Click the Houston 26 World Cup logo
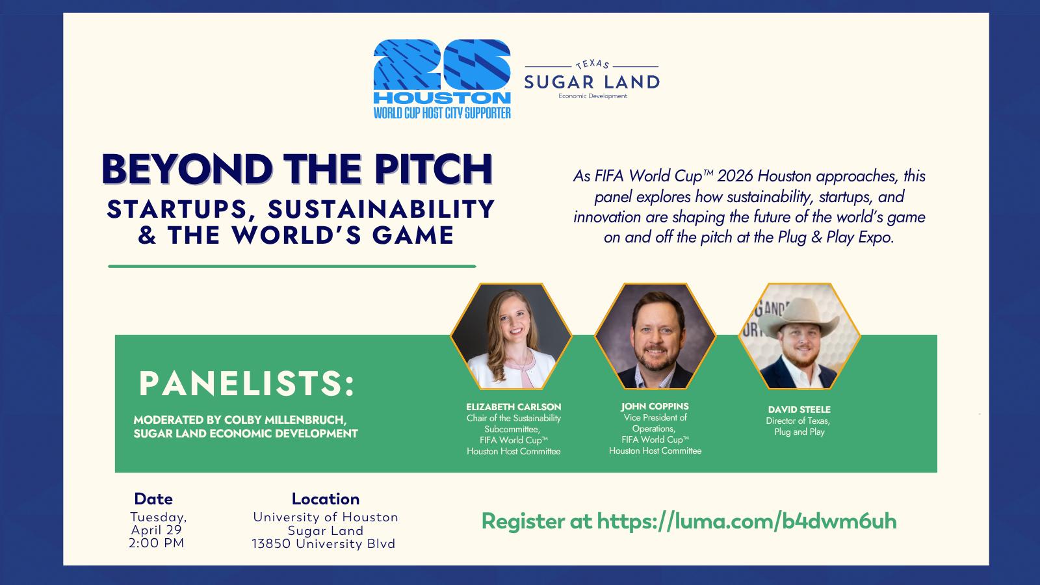[442, 79]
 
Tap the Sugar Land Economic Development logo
[592, 80]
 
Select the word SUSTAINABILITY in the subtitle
[381, 209]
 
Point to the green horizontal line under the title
[292, 266]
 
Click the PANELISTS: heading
[246, 383]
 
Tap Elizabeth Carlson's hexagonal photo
[511, 336]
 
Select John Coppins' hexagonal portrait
[655, 336]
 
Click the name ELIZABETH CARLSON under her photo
[513, 407]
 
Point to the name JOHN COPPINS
[655, 406]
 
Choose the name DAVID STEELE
[799, 409]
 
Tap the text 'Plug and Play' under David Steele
[799, 432]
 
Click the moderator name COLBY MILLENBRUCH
[285, 420]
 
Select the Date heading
[153, 499]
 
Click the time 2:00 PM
[157, 543]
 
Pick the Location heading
[326, 499]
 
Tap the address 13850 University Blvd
[324, 543]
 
